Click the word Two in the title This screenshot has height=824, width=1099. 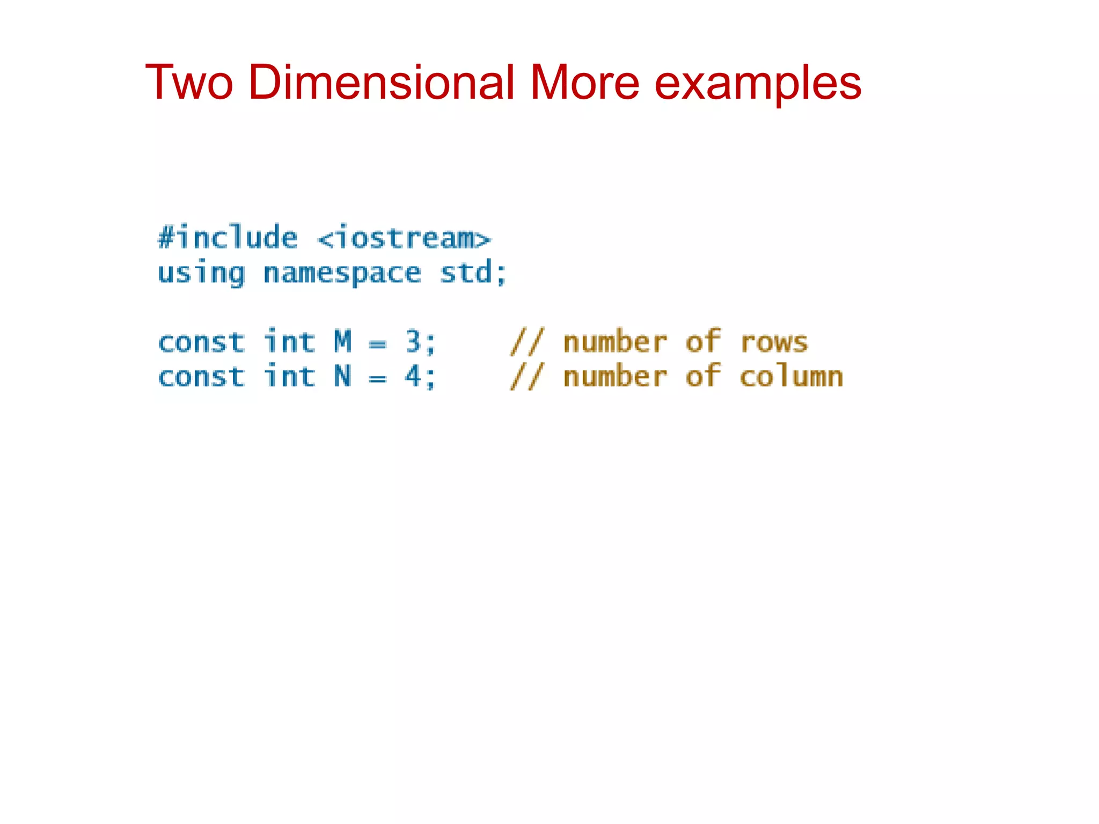pos(189,83)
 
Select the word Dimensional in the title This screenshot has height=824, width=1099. pos(381,83)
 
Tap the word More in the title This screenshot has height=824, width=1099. pos(585,83)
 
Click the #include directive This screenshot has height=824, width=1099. pos(228,238)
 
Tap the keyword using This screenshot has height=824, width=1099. pos(201,274)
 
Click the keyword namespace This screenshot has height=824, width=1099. pos(342,274)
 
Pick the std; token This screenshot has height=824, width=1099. pos(473,273)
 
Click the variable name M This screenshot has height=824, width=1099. pos(343,342)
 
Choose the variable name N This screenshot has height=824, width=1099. pos(343,377)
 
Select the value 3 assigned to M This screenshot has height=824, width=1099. pos(413,342)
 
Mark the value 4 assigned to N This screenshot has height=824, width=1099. pos(413,377)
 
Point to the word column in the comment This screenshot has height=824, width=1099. pos(792,377)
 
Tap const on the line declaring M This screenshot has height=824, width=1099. pos(201,343)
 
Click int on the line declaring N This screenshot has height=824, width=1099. pos(290,377)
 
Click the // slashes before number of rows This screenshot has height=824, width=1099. pos(527,342)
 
